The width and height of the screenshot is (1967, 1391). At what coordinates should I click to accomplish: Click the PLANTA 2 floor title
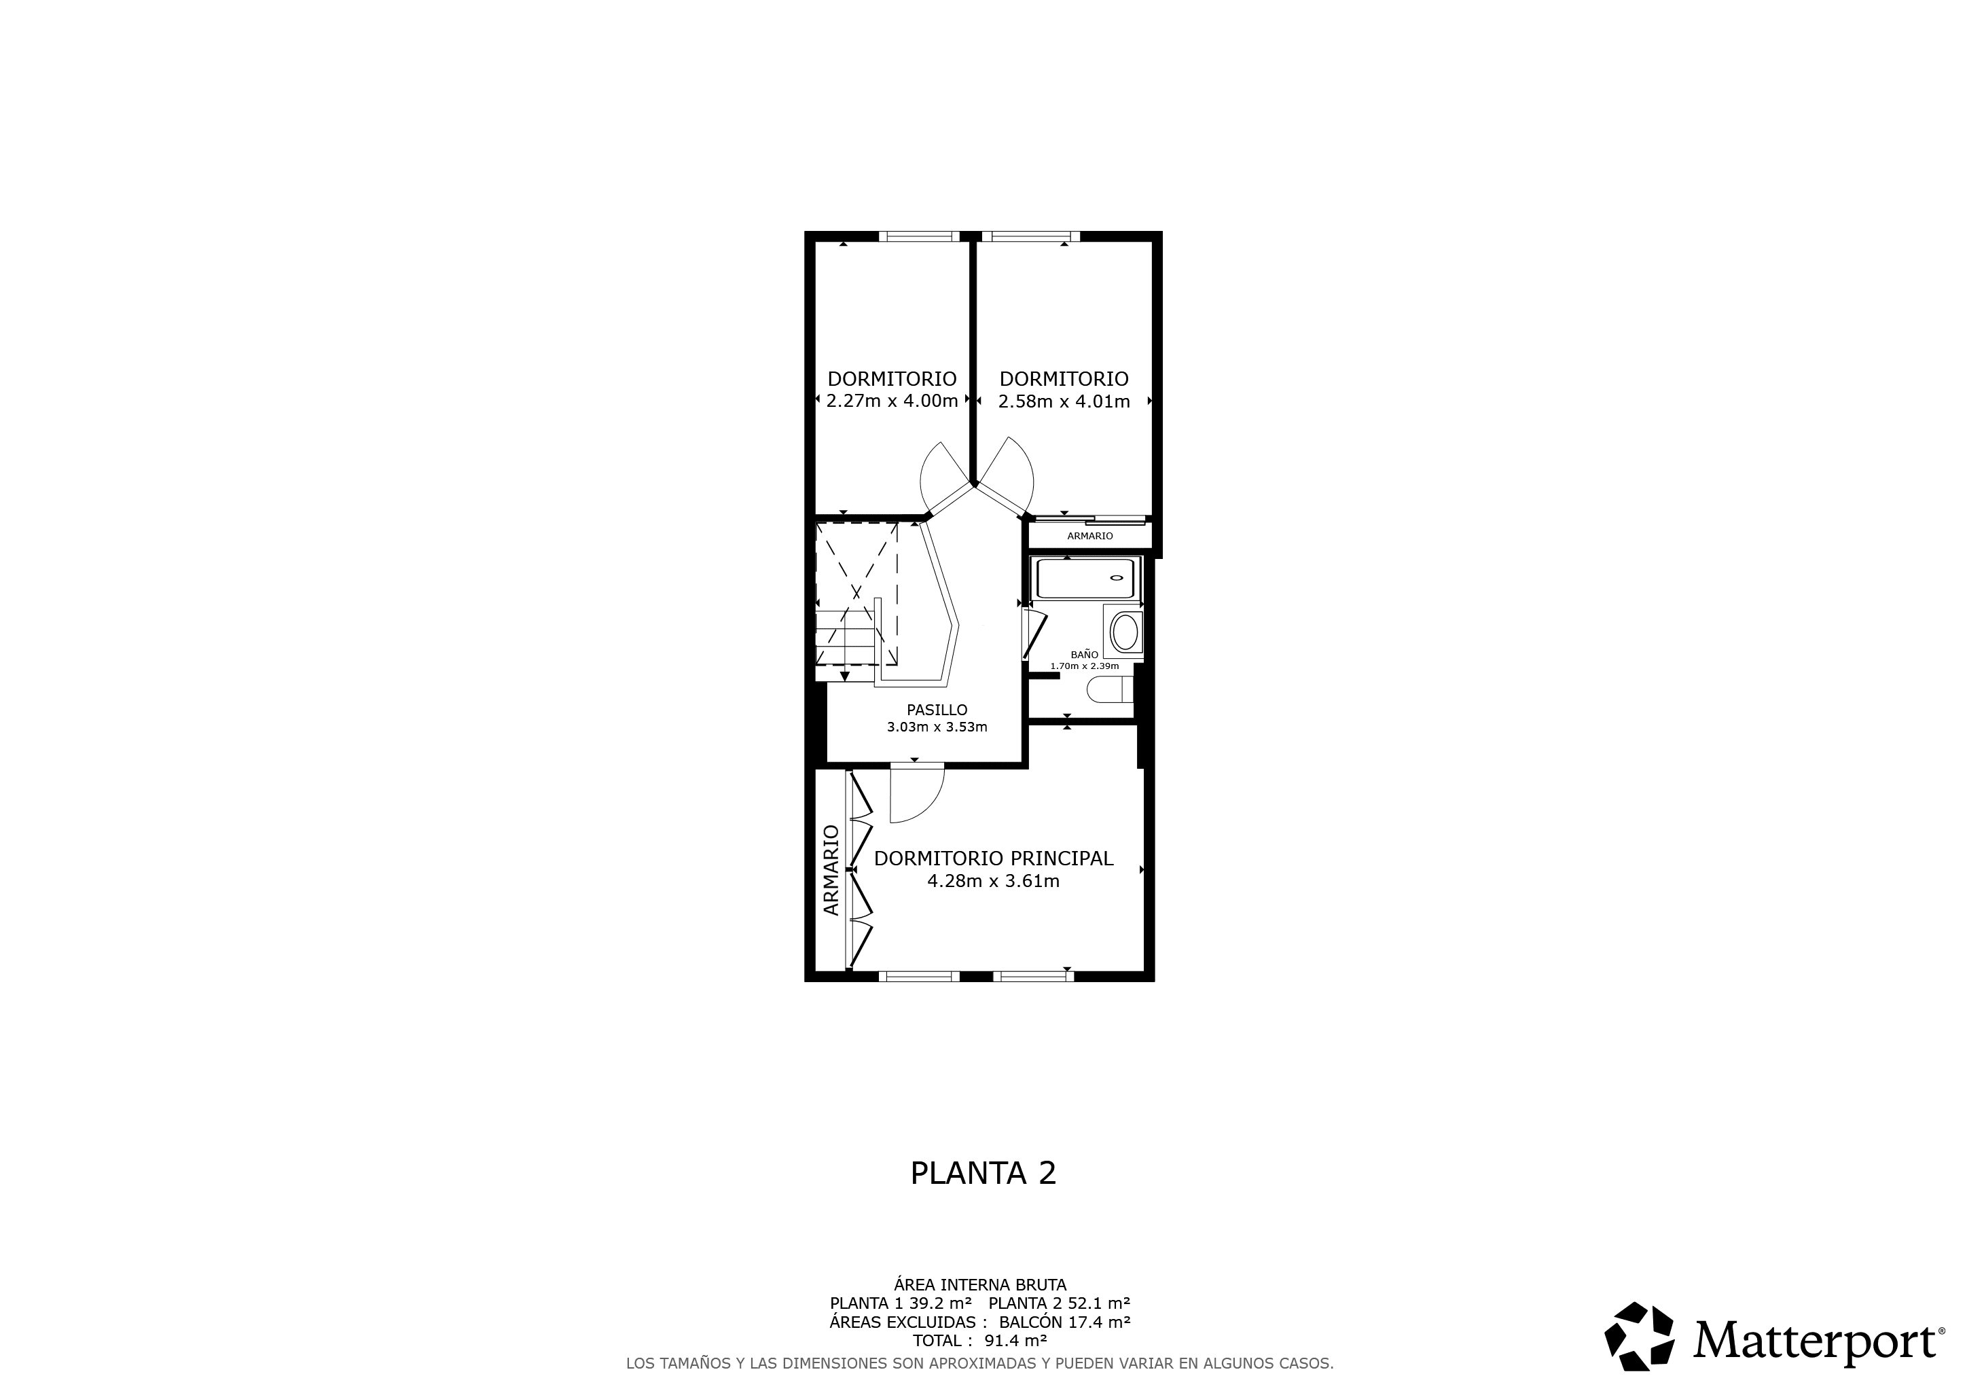983,1174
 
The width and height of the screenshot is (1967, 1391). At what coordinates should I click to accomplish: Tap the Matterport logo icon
1639,1335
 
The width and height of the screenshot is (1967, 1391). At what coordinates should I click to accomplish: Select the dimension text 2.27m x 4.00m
892,401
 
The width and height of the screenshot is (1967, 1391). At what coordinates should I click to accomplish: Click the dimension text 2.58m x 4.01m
1064,401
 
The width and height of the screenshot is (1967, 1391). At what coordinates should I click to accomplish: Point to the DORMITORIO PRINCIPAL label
994,859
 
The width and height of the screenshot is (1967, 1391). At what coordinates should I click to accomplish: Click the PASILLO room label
937,710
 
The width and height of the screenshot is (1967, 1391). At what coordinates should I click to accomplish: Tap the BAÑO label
1084,654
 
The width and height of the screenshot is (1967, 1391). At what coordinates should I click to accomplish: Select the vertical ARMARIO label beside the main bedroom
831,870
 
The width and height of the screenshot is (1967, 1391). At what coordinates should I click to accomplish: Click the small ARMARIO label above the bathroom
1089,536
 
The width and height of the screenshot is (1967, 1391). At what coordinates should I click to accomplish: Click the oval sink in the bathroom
1124,633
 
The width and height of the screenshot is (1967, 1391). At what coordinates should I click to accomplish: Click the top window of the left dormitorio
919,236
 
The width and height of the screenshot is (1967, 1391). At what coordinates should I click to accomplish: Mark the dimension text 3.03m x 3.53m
937,728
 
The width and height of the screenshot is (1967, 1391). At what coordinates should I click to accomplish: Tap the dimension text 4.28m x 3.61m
994,882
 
